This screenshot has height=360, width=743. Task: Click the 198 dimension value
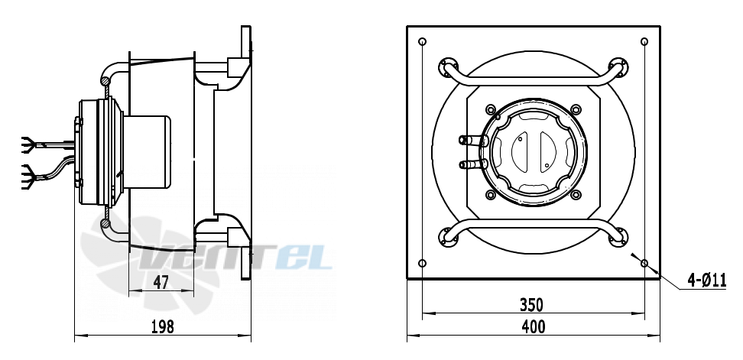163,326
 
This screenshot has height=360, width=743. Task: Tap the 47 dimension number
161,283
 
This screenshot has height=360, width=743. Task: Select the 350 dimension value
531,305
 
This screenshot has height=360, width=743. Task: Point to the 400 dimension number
533,326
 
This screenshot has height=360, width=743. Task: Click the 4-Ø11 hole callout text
707,281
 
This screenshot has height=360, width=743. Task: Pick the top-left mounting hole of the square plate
423,42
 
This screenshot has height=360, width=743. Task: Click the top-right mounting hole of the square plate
644,42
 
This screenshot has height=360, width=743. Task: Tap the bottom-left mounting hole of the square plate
423,263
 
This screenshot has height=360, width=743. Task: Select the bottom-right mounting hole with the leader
644,263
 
